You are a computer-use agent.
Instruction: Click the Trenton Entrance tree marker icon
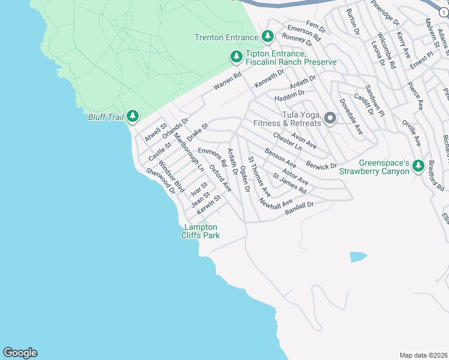pos(268,37)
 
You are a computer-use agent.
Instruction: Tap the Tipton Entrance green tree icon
pos(237,57)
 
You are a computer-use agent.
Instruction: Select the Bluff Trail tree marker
pos(132,116)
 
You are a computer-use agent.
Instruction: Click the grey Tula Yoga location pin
pos(330,118)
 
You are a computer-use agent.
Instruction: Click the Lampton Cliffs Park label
pos(200,231)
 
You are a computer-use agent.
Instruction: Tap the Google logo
pos(20,353)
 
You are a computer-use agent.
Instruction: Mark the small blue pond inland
pos(358,257)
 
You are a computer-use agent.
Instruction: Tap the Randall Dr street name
pos(300,207)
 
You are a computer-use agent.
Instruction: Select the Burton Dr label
pos(352,20)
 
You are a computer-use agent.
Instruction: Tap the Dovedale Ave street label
pos(351,116)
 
